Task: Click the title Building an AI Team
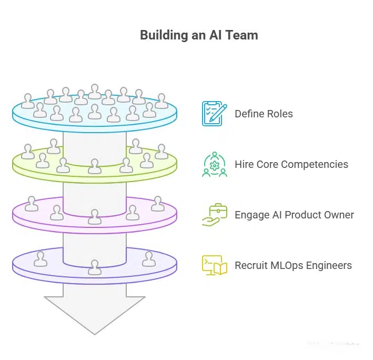(x=199, y=36)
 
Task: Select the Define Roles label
(x=264, y=114)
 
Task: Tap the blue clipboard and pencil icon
(x=214, y=114)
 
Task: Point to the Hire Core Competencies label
(x=291, y=164)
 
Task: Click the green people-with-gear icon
(x=214, y=164)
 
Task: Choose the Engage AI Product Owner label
(x=294, y=215)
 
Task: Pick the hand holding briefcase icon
(x=214, y=215)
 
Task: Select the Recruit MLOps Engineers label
(x=293, y=265)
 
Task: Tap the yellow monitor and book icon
(x=214, y=265)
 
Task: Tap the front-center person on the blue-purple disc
(x=95, y=267)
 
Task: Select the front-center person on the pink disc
(x=95, y=217)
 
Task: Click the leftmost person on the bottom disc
(x=40, y=259)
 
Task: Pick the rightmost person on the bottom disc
(x=149, y=259)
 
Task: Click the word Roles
(x=279, y=114)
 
